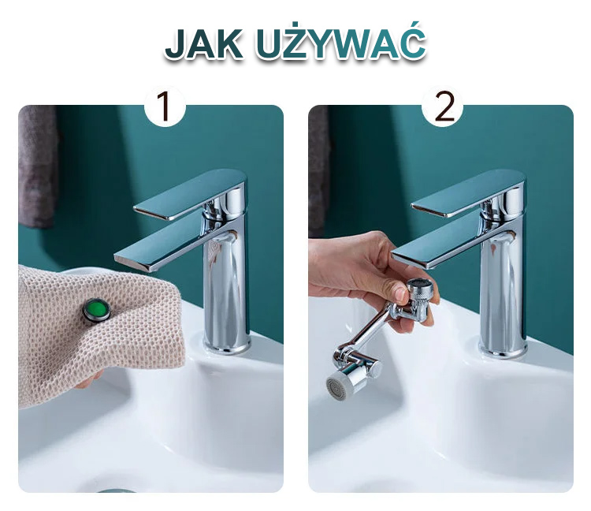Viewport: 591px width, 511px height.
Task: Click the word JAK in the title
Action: point(204,43)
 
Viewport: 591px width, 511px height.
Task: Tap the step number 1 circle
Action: point(165,106)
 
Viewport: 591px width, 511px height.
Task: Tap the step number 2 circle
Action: point(442,106)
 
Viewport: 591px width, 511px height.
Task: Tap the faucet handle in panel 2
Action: point(467,194)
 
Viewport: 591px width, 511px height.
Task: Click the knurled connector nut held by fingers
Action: point(419,293)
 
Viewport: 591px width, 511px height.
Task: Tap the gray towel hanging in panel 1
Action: point(38,166)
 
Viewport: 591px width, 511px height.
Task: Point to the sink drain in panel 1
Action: point(115,490)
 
